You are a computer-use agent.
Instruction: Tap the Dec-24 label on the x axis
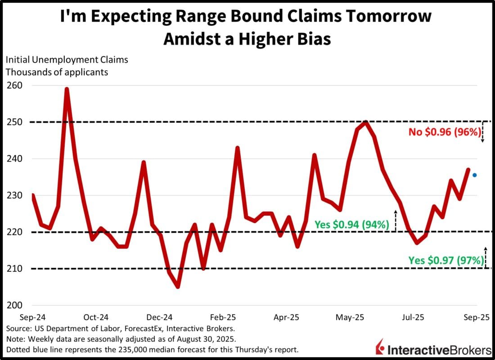pyautogui.click(x=161, y=316)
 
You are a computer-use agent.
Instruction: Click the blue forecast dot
pyautogui.click(x=474, y=175)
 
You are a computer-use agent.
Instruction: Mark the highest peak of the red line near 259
pyautogui.click(x=67, y=89)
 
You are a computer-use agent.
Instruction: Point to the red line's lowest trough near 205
pyautogui.click(x=178, y=287)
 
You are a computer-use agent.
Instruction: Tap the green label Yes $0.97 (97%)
pyautogui.click(x=446, y=260)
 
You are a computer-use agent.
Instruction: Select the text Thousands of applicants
pyautogui.click(x=57, y=72)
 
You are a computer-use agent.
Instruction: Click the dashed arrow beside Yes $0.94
pyautogui.click(x=396, y=220)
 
